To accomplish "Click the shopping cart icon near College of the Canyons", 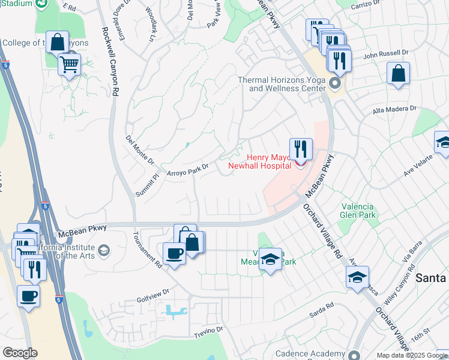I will tap(70, 63).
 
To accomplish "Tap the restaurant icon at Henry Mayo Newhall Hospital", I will tap(301, 148).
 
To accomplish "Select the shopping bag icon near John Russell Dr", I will tap(398, 73).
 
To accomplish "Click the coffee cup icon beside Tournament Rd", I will tap(174, 253).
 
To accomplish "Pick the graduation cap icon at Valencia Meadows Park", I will tap(271, 259).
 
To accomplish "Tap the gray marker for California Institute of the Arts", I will tap(104, 250).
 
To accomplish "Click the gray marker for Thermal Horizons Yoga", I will tap(335, 82).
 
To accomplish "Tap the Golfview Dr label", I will tap(153, 291).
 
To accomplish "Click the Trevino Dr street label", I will tap(208, 329).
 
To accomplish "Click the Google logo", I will tap(20, 353).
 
